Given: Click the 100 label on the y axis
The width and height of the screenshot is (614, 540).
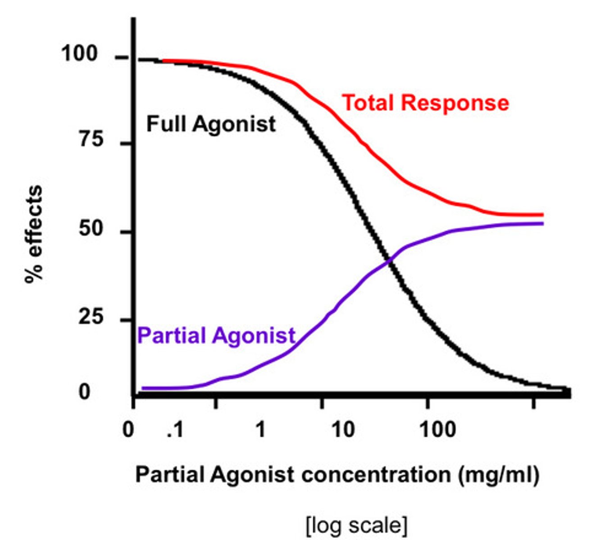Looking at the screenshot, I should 79,54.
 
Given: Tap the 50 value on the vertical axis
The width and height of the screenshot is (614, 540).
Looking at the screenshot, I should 91,229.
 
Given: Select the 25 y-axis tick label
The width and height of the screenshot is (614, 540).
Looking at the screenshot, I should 91,317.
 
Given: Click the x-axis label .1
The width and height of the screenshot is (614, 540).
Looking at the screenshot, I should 175,430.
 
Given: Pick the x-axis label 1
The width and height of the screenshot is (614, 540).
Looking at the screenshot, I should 260,430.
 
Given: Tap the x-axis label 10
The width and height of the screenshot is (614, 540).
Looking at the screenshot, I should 343,430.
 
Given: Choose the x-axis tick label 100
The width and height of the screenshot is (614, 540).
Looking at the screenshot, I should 437,430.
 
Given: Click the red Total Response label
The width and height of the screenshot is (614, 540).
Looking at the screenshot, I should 426,103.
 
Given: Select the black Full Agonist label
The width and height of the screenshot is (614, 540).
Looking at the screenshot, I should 211,124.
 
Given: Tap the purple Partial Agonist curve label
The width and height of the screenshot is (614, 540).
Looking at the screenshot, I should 216,335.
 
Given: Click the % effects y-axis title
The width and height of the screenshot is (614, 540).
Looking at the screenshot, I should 34,234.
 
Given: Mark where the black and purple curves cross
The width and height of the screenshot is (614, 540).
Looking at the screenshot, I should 387,260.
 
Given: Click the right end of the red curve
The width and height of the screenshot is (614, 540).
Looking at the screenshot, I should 542,215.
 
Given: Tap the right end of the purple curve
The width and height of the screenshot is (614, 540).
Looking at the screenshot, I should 542,224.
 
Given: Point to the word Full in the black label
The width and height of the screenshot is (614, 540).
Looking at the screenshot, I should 166,124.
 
